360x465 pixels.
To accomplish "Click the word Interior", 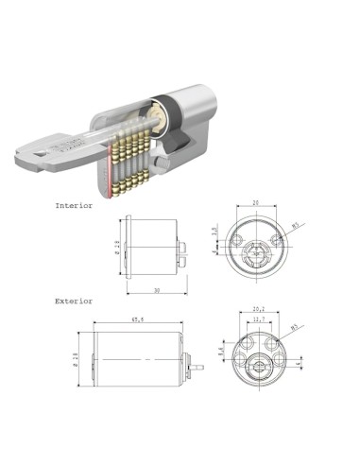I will pyautogui.click(x=75, y=205).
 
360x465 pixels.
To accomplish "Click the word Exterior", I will pyautogui.click(x=75, y=301).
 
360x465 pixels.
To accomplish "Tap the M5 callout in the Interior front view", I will pyautogui.click(x=297, y=226).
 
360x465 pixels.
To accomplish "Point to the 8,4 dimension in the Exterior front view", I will pyautogui.click(x=220, y=351).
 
